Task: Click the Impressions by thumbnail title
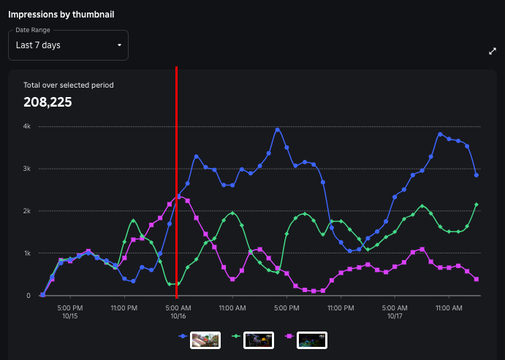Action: tap(61, 14)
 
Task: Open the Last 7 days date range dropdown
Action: tap(68, 45)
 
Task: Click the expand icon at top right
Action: tap(492, 51)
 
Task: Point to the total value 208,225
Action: tap(48, 102)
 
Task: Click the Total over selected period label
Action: tap(68, 85)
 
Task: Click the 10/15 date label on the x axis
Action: tap(69, 316)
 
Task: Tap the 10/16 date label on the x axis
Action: tap(178, 316)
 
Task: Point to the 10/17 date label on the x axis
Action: tap(395, 316)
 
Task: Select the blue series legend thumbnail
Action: tap(205, 340)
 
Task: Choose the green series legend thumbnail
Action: tap(259, 340)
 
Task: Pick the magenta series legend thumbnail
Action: tap(312, 340)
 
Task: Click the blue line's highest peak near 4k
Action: tap(278, 130)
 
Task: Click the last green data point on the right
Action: tap(476, 204)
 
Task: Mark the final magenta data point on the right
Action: tap(476, 279)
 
